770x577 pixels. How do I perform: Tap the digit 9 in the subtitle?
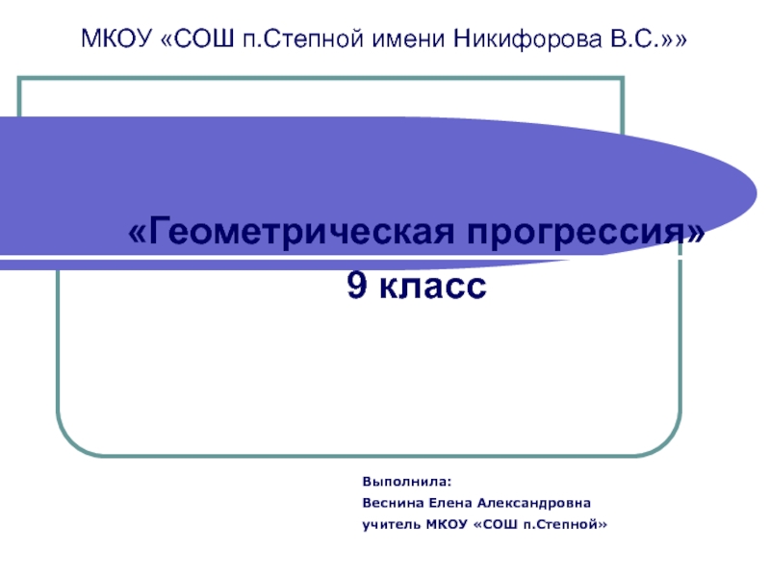click(x=356, y=286)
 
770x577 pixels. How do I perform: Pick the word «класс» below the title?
click(x=432, y=286)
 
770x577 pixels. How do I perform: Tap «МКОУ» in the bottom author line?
click(x=450, y=525)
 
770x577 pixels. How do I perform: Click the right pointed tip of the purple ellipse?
click(x=752, y=183)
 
